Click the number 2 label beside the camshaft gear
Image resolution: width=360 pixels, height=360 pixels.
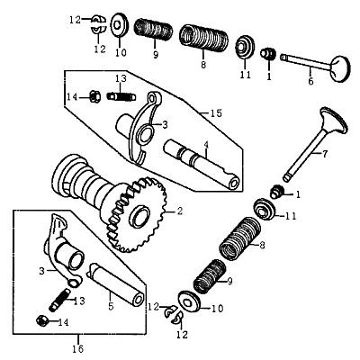[179, 211]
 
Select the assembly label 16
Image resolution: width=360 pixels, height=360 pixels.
[77, 349]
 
